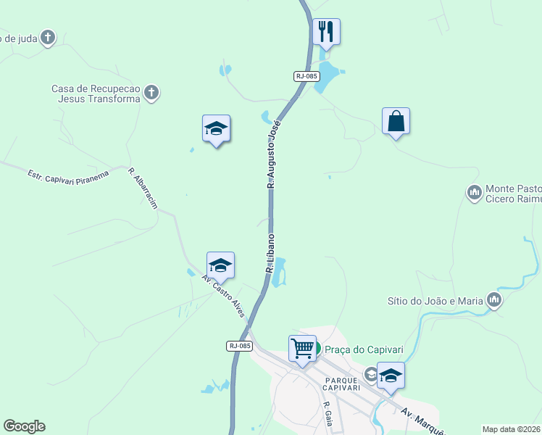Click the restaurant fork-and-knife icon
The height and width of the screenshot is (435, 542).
coord(326,31)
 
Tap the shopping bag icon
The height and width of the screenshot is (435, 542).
coord(396,120)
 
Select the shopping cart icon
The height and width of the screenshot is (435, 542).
coord(301,347)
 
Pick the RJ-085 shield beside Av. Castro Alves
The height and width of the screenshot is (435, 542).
coord(239,346)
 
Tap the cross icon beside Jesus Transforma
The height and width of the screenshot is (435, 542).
coord(151,92)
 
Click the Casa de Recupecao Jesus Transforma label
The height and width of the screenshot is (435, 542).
coord(96,94)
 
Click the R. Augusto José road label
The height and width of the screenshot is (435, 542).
coord(273,154)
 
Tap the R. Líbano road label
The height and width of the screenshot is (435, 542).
coord(270,252)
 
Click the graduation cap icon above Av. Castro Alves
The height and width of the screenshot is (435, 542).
coord(220,265)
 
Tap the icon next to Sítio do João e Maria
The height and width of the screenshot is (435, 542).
coord(494,299)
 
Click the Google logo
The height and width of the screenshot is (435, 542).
coord(24,426)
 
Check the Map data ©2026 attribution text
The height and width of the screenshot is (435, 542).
coord(512,429)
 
